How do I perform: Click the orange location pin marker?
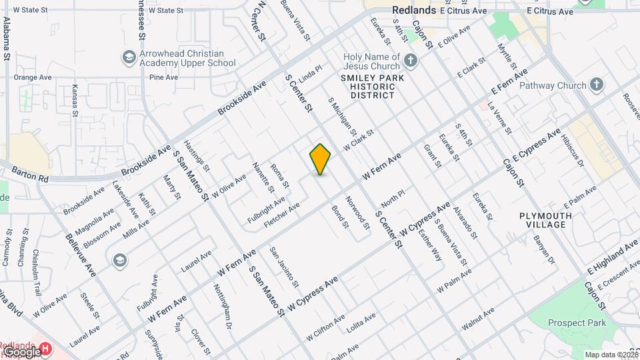point(320,159)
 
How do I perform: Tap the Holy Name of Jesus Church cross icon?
point(411,61)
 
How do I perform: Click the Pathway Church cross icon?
point(596,85)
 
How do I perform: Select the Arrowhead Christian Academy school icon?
point(127,58)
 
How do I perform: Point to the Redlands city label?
point(413,10)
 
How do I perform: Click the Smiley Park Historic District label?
point(368,87)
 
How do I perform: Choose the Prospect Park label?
point(577,323)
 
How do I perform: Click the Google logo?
point(21,351)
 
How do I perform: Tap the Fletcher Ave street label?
point(282,215)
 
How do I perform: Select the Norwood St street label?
point(358,213)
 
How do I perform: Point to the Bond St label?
point(340,217)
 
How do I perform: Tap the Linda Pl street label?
point(310,74)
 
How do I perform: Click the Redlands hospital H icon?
point(45,348)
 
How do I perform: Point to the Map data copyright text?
point(609,355)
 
